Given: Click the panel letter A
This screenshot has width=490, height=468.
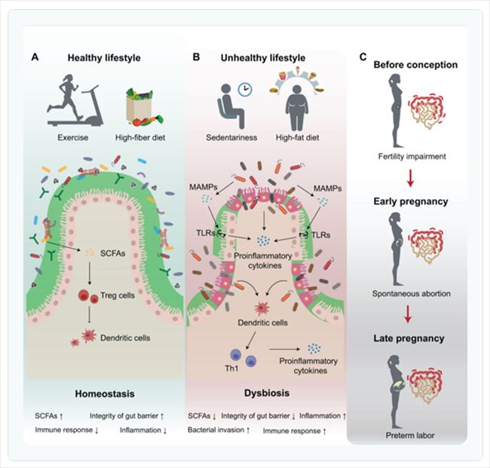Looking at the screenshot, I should coord(35,57).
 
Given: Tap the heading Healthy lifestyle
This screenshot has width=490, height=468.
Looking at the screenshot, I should coord(103,57).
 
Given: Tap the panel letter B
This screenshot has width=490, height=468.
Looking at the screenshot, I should coord(197,57).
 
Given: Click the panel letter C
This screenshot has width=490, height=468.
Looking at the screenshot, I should coord(364,57).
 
